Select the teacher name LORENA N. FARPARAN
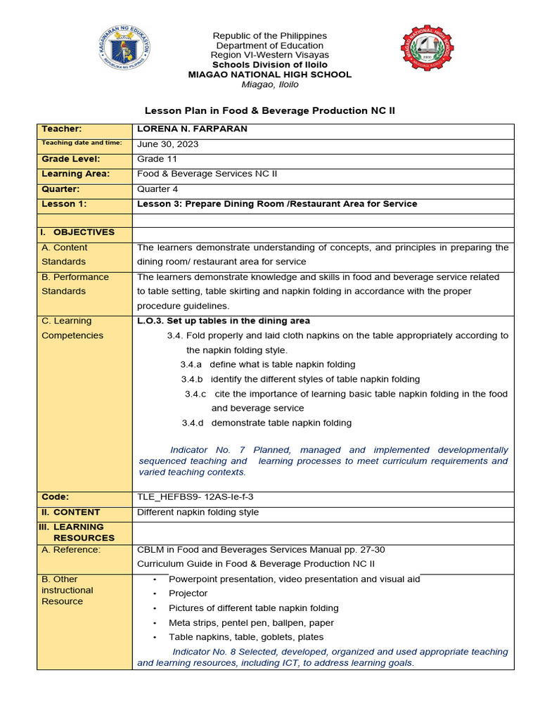[192, 129]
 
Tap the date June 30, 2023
[167, 144]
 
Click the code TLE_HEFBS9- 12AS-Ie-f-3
[195, 496]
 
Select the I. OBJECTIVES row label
[78, 232]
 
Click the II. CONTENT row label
[71, 512]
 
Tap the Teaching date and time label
[82, 143]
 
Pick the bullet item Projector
[188, 593]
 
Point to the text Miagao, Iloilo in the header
[270, 84]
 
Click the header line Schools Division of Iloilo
[270, 65]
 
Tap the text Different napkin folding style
[198, 512]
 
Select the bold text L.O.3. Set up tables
[224, 321]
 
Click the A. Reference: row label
[71, 550]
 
